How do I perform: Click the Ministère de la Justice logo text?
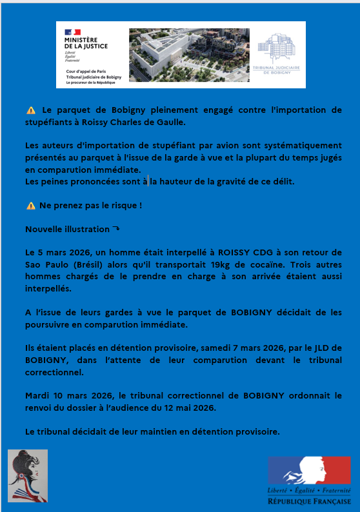pyautogui.click(x=86, y=43)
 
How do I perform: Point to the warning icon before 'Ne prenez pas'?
pyautogui.click(x=31, y=206)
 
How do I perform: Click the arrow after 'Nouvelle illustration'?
pyautogui.click(x=116, y=229)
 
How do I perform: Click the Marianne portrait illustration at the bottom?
pyautogui.click(x=28, y=477)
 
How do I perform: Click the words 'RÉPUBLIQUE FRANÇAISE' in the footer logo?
pyautogui.click(x=310, y=501)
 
